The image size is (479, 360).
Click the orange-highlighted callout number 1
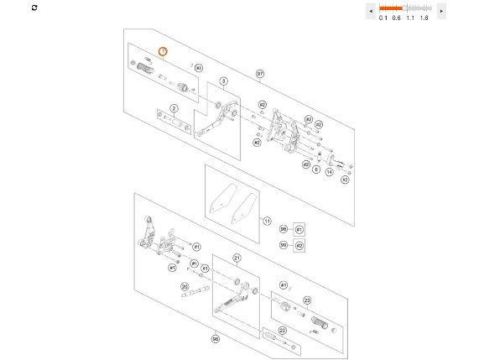(164, 51)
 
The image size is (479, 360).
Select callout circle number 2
(174, 108)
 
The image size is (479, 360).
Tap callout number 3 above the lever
(224, 81)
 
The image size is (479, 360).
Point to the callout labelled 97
(261, 74)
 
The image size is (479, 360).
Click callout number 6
(316, 170)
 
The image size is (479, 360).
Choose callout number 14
(330, 170)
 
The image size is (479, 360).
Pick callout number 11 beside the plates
(268, 222)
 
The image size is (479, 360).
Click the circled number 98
(284, 229)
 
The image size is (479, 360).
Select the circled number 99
(284, 245)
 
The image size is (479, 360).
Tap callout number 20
(184, 286)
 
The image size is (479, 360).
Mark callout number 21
(237, 258)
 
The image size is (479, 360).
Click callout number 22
(282, 331)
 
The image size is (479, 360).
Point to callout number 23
(307, 300)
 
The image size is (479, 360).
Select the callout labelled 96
(215, 339)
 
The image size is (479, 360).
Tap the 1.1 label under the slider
(410, 18)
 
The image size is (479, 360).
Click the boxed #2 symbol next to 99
(299, 245)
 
